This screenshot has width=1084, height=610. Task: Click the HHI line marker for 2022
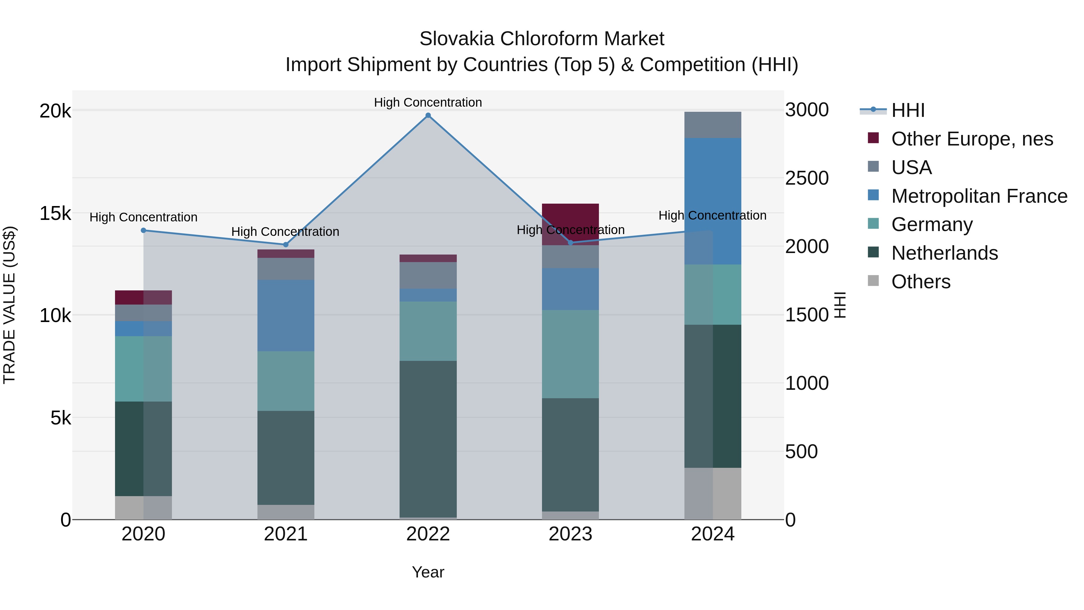428,115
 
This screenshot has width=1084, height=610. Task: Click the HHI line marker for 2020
144,230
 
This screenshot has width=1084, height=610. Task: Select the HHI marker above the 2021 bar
286,245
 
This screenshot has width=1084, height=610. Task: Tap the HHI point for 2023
571,243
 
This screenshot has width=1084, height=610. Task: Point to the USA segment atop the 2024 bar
712,125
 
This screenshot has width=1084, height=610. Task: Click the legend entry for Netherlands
944,253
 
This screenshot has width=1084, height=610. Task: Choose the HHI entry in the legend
908,110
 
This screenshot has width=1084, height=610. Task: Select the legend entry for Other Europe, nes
972,139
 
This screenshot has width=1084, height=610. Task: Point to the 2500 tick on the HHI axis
807,178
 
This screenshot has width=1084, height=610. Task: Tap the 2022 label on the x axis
428,534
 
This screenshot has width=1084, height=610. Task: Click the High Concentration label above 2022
428,102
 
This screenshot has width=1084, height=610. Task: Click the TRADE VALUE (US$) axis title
10,305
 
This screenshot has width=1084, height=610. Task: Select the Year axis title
428,572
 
